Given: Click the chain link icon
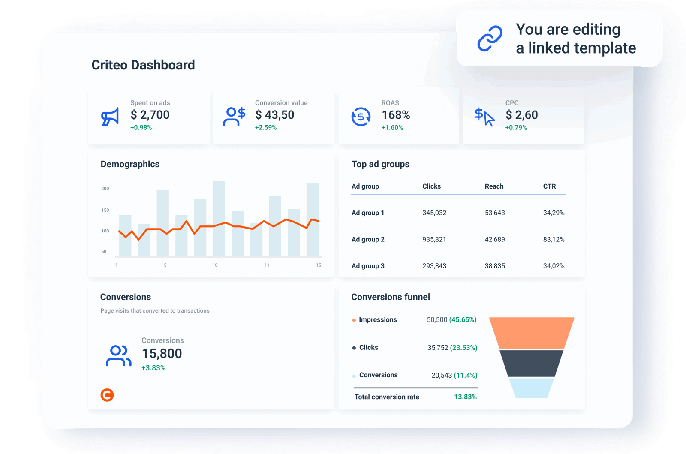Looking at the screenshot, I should click(490, 39).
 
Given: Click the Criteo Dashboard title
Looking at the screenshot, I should click(143, 65).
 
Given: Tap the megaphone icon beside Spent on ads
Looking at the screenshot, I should click(110, 117).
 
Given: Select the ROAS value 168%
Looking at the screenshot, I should click(396, 115).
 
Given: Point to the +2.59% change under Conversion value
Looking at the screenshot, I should click(266, 128).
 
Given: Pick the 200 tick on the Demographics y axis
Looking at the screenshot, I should click(105, 189).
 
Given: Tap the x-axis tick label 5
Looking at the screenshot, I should click(165, 265).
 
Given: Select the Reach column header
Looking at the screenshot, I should click(494, 186).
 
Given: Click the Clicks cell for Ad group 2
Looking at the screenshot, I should click(434, 240).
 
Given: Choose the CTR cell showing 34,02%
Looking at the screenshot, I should click(554, 266).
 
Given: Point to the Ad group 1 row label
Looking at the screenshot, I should click(367, 213).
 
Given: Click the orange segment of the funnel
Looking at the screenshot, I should click(532, 333).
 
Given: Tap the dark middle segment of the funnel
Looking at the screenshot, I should click(532, 363).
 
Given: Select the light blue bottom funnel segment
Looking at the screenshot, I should click(532, 388).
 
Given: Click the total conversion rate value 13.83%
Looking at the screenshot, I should click(465, 397).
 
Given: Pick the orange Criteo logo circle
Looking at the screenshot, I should click(107, 395).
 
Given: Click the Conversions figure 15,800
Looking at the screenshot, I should click(162, 354).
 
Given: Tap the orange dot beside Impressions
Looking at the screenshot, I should click(354, 320).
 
